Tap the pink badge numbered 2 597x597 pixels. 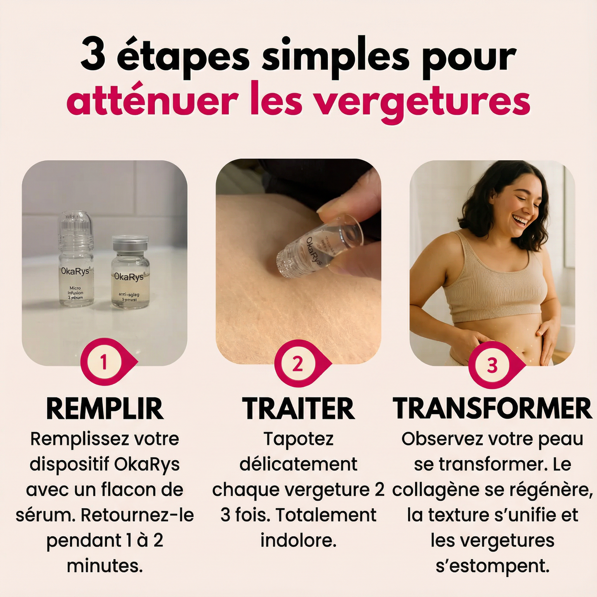pos(298,364)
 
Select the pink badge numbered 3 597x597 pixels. pos(492,366)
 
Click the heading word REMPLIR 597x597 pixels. pos(105,409)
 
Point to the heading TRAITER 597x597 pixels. pos(298,409)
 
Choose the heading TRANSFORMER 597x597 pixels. pos(492,409)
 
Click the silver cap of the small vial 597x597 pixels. pos(130,241)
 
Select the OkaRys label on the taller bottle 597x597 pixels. pos(75,271)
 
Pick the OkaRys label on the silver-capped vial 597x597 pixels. pos(128,276)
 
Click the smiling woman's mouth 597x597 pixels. pos(520,219)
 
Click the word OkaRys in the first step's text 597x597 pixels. pos(147,464)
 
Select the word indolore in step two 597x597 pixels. pos(298,540)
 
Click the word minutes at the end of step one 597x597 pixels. pos(105,566)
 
